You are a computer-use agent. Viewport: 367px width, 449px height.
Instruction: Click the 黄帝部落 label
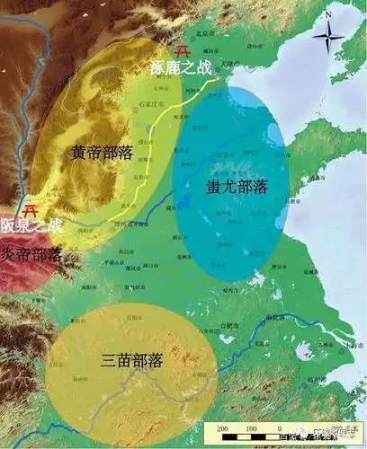(x=102, y=154)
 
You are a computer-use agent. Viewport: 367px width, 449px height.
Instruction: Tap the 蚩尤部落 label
(x=237, y=188)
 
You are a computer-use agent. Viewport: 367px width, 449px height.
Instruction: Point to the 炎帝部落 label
(x=31, y=254)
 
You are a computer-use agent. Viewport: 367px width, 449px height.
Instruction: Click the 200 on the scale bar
(x=221, y=429)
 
